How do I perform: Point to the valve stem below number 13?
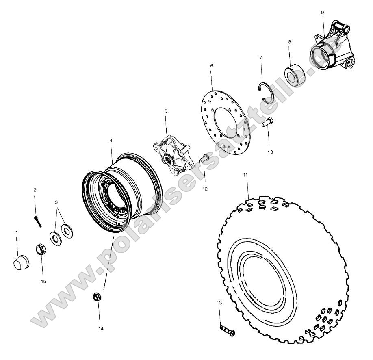pos(228,330)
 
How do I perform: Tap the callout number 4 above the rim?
pos(111,140)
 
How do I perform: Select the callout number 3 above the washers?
pos(56,202)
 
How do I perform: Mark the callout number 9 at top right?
pos(322,13)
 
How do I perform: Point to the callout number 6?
pos(211,65)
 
